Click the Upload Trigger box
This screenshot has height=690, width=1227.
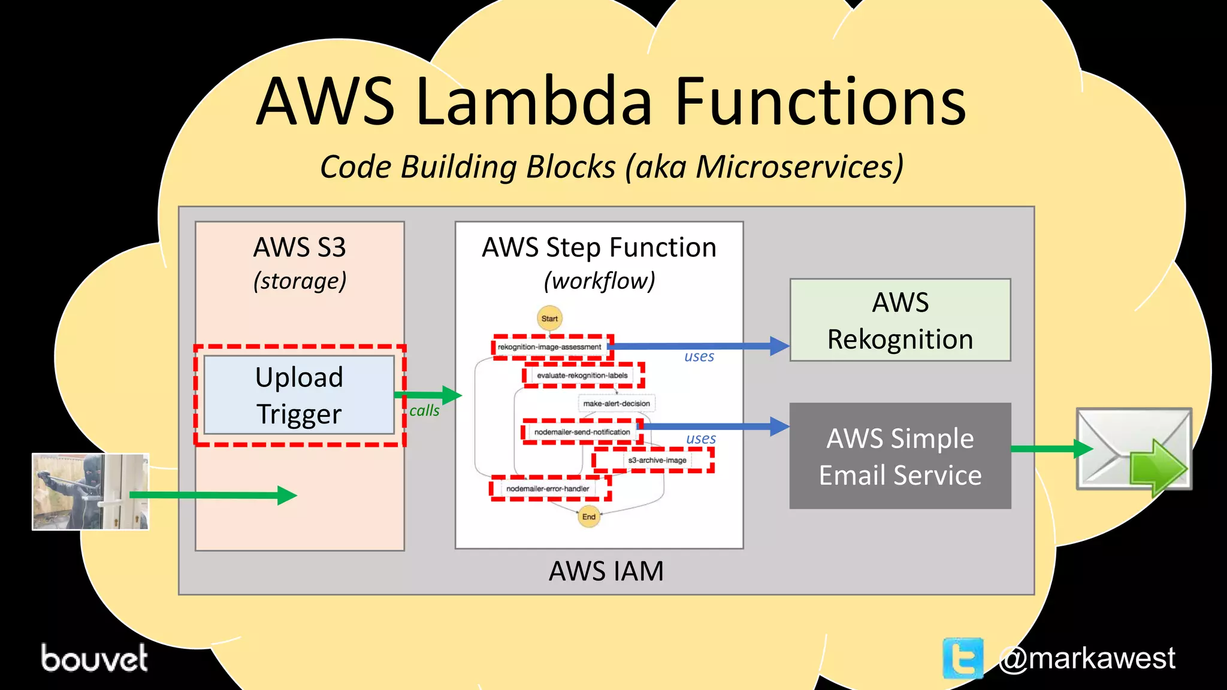point(299,395)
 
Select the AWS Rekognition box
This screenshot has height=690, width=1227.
point(900,320)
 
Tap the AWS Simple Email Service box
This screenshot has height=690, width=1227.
point(900,456)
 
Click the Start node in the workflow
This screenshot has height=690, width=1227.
point(549,319)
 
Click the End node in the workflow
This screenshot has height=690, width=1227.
point(589,516)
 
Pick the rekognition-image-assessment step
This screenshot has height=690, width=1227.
point(549,347)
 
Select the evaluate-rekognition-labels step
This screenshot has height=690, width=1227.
point(582,376)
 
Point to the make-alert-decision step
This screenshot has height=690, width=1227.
point(616,404)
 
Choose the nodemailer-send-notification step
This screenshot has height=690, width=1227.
point(582,432)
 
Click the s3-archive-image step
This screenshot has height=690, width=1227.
point(657,460)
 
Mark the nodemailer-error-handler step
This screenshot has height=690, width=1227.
point(548,489)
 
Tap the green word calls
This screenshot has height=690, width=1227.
point(424,411)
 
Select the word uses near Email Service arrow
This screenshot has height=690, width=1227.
point(700,438)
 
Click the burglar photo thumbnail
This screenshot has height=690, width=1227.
point(90,492)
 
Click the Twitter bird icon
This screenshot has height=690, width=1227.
point(963,658)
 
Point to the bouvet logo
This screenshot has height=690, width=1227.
point(94,658)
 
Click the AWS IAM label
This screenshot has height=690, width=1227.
point(606,571)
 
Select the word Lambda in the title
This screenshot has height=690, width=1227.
point(533,102)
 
